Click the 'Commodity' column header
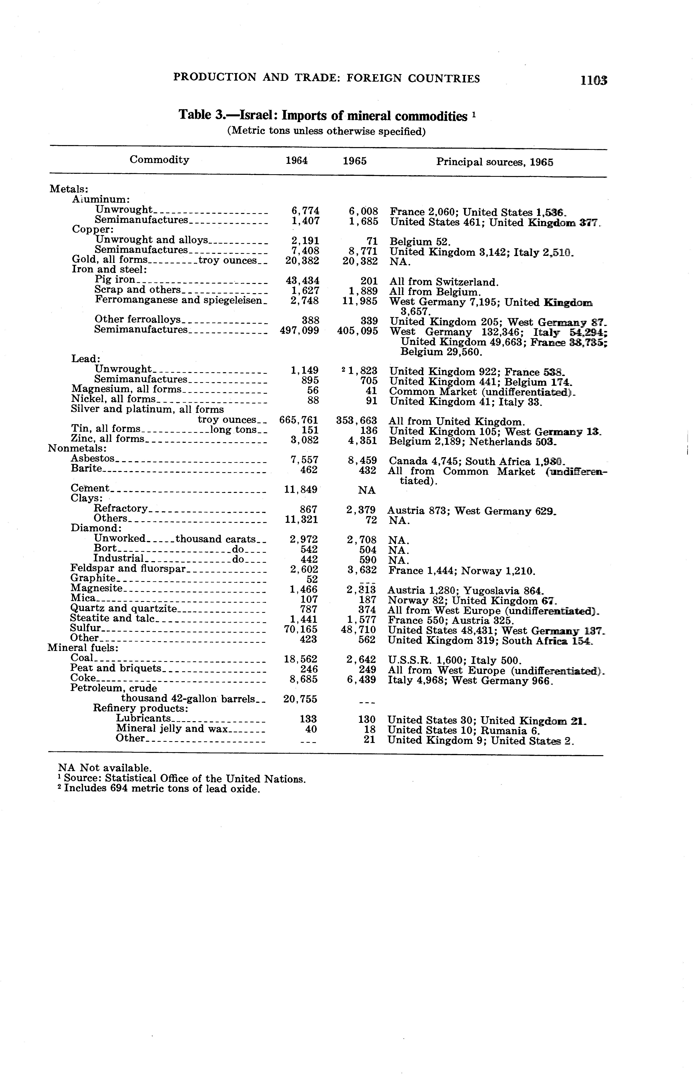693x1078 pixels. click(x=159, y=160)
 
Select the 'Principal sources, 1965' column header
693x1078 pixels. click(x=494, y=162)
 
